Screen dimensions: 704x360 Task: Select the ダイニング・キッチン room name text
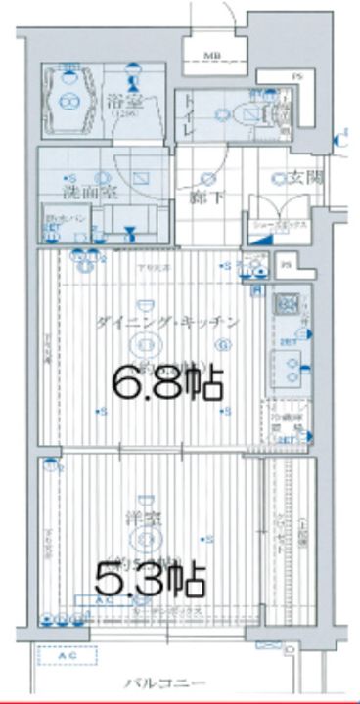coord(167,322)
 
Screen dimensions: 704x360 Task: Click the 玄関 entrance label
coord(301,179)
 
